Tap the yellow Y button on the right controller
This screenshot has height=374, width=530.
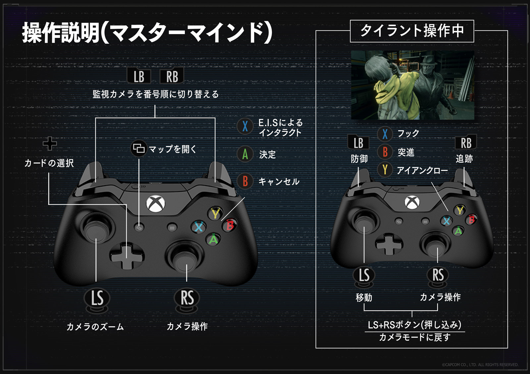click(460, 210)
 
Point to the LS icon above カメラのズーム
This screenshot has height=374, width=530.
click(97, 298)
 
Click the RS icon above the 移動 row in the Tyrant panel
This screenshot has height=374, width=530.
click(438, 275)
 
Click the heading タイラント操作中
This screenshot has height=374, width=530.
click(412, 31)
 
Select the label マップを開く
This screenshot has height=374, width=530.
click(173, 149)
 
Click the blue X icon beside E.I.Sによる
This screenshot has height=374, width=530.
click(245, 126)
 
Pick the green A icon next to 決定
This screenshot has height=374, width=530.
click(245, 154)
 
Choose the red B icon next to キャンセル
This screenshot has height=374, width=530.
click(245, 181)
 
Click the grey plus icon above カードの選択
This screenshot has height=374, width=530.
click(50, 144)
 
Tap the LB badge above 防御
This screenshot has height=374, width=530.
click(358, 143)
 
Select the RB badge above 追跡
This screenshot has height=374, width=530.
click(466, 143)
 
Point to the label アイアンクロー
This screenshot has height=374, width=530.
click(422, 170)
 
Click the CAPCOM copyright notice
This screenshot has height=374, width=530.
click(480, 365)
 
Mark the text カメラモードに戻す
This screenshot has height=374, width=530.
click(415, 337)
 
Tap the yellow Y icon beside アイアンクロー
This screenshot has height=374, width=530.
click(385, 170)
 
